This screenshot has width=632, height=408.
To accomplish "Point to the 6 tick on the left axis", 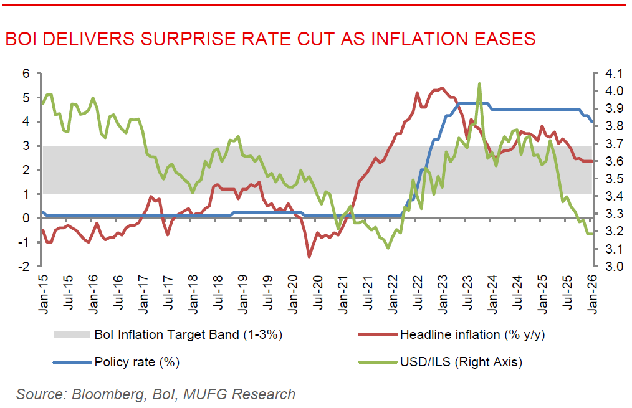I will point(26,74).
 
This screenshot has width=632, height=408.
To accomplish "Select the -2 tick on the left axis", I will point(24,267).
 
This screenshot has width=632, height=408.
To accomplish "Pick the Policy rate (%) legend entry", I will point(131,362).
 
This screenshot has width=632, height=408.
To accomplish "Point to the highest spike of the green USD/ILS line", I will point(479,83).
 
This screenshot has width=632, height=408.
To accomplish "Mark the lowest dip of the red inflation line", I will point(309,256).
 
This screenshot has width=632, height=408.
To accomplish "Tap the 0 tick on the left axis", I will point(26,218).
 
